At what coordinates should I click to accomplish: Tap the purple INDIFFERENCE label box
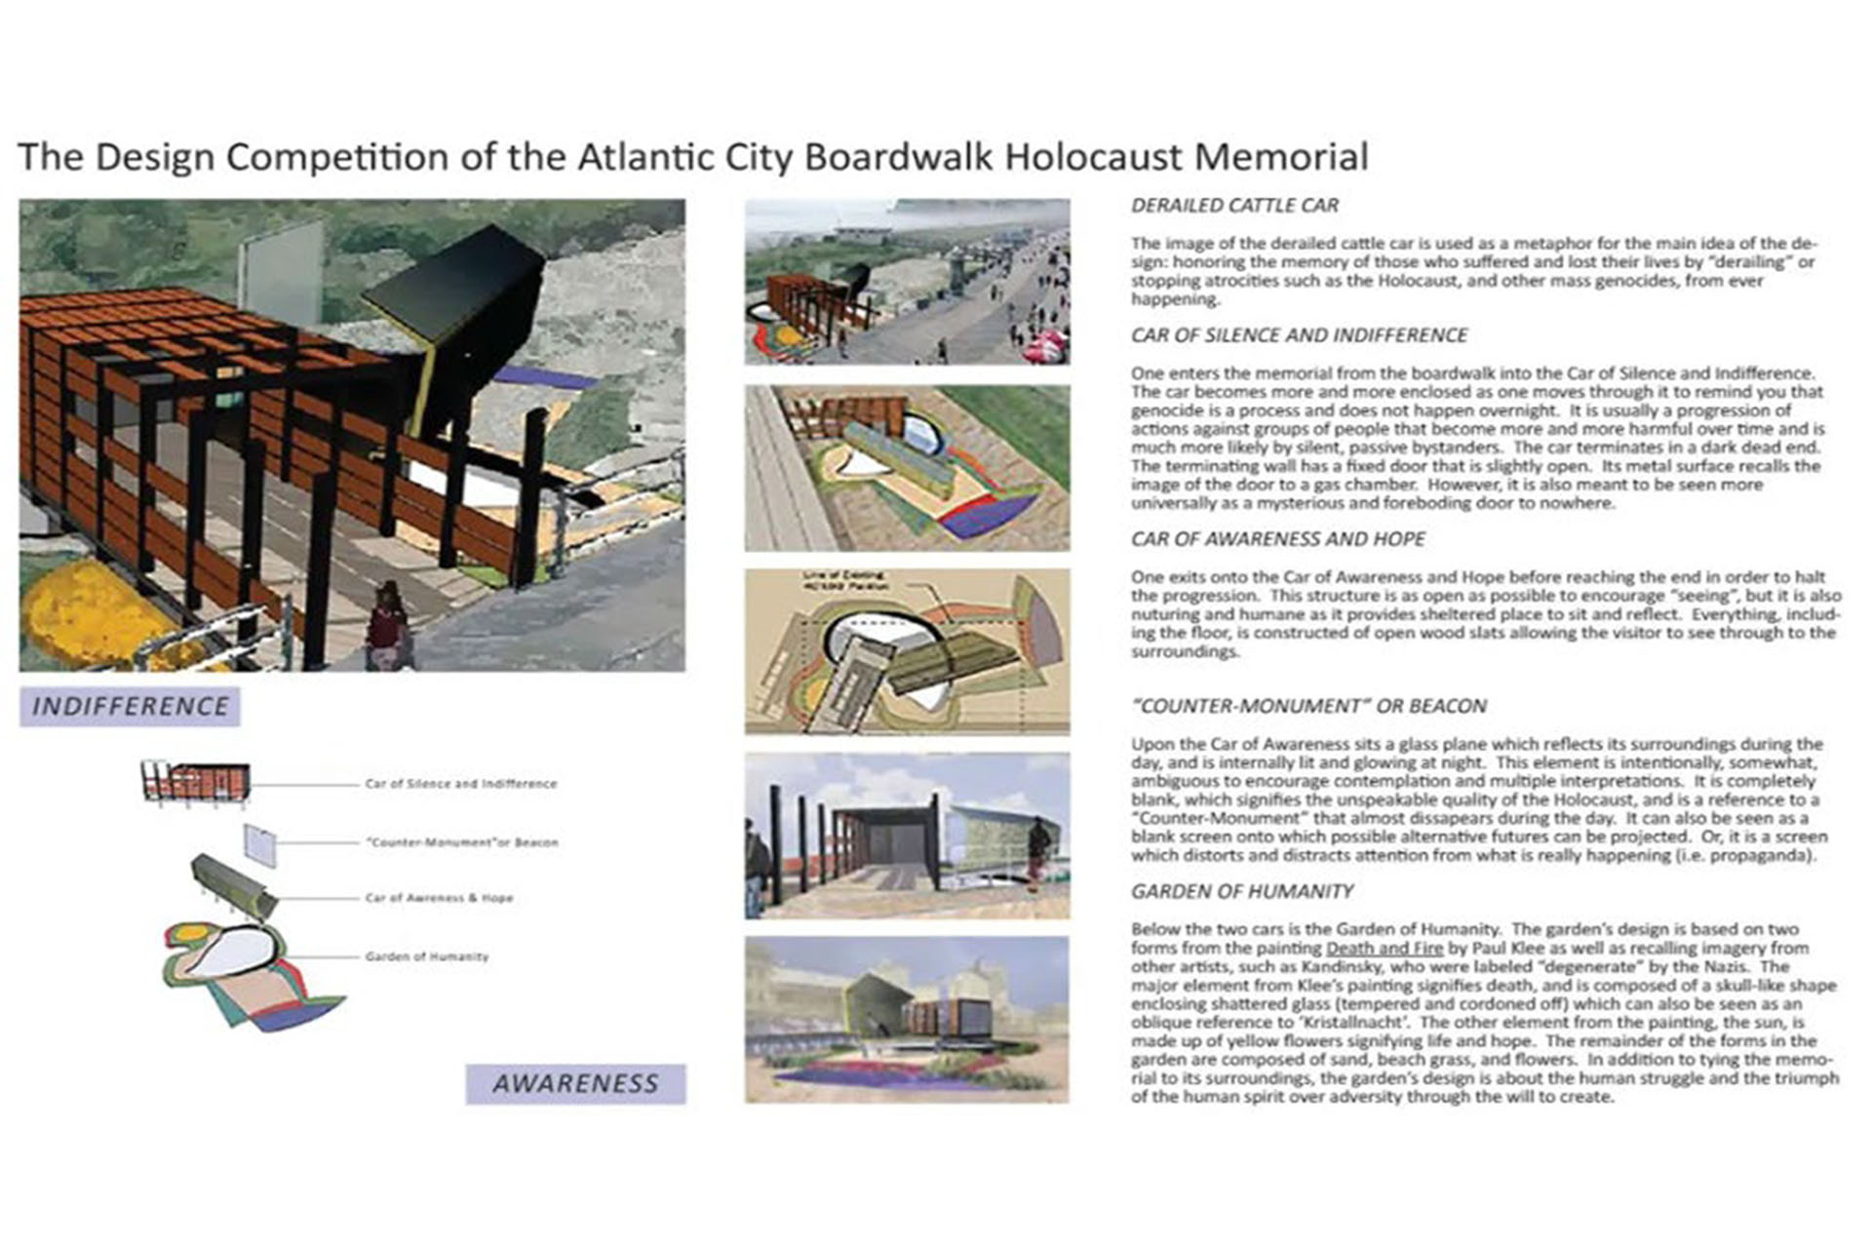130,706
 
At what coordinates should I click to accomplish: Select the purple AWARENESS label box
575,1083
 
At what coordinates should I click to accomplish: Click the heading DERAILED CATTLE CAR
1234,206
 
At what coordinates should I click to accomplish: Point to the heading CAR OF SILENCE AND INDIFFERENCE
1299,335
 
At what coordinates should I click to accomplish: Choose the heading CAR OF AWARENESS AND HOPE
1277,539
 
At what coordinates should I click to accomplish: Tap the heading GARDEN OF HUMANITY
1241,891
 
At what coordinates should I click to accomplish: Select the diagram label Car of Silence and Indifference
460,784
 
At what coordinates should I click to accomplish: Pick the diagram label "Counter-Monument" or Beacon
461,842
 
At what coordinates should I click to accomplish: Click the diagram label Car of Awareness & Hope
439,898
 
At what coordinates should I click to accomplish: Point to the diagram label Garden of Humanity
426,956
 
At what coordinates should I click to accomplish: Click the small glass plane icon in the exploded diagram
259,844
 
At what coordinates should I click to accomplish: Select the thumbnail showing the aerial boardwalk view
907,282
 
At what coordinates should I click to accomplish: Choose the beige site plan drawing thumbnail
907,651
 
